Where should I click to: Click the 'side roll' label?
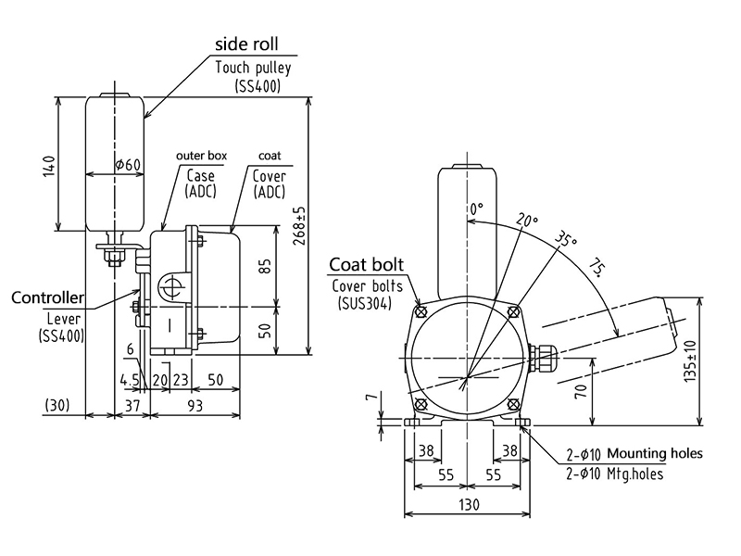point(245,44)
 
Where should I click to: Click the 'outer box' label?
point(201,156)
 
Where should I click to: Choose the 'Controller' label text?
point(47,298)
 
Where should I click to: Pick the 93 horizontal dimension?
point(193,405)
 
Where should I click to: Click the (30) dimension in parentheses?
point(57,405)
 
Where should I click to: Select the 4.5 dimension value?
point(130,379)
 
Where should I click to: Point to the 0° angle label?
point(476,209)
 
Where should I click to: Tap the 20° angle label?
point(526,221)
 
